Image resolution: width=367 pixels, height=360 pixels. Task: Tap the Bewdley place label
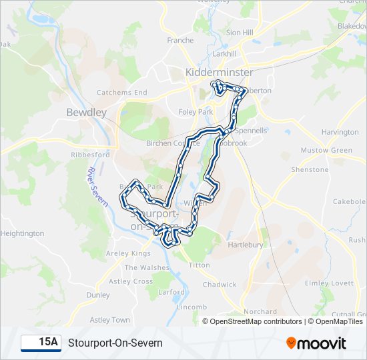86,113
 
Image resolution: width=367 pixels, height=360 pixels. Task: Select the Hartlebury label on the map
247,245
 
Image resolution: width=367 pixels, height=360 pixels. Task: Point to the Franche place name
180,41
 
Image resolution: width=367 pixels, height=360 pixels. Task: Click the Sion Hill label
240,32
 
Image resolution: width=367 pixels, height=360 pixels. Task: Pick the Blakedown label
351,25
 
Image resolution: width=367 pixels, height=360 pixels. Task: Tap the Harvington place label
340,132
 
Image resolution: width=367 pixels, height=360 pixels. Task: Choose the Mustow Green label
326,151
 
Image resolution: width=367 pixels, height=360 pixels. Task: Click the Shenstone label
310,169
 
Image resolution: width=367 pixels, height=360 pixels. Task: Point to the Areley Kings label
129,253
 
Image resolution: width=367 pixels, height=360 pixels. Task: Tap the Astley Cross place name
131,281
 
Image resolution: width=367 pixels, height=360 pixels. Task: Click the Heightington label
23,233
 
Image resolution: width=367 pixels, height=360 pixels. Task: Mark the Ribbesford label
90,155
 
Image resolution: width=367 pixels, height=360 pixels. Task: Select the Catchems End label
122,93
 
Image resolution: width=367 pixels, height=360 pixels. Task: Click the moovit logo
316,343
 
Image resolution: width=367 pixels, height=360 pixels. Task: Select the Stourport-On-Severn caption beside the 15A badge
115,343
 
